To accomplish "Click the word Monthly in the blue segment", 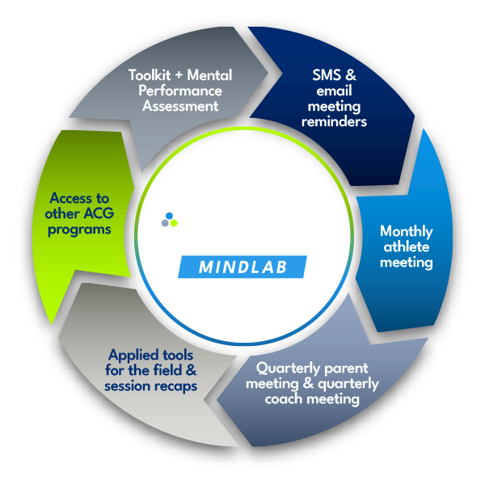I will pos(407,231).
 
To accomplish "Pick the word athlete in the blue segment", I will pos(407,247).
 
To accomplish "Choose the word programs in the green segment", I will pos(78,229).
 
